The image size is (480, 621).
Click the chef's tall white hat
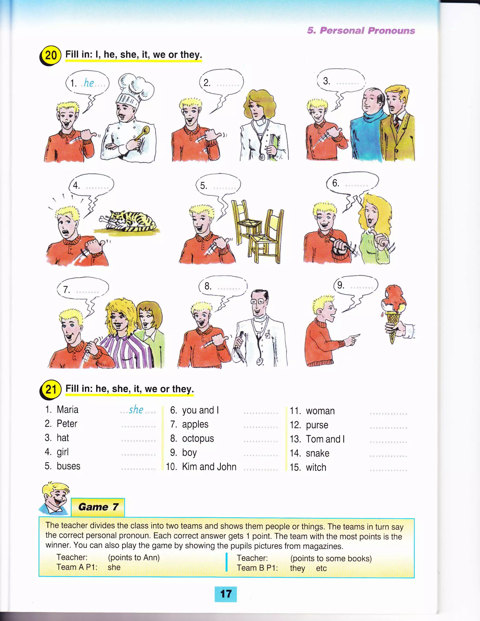(134, 90)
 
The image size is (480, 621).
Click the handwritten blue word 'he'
(89, 83)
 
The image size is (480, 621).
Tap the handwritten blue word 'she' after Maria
(136, 410)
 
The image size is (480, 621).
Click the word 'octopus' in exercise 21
(198, 438)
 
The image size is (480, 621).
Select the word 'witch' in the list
(316, 468)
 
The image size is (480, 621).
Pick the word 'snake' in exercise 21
(317, 453)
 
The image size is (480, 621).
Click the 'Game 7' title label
(98, 507)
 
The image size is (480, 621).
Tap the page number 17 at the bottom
(225, 594)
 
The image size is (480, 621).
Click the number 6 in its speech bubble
(336, 183)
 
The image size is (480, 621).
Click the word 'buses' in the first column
(68, 466)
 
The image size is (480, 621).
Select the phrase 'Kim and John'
(209, 467)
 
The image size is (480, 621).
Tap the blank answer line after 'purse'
(388, 428)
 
